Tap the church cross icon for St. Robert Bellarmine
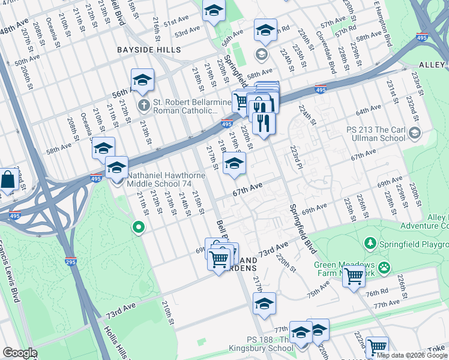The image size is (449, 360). point(143,106)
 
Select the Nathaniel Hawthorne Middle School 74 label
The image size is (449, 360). point(166,181)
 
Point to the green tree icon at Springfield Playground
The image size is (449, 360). point(371,244)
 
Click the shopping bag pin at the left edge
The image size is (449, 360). point(8,179)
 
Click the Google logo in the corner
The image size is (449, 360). point(19,353)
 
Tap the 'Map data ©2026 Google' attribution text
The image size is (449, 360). point(412,355)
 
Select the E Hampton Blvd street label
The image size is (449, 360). point(382,23)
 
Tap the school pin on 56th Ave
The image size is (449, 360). point(142,80)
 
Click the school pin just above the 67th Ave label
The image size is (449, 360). point(234,163)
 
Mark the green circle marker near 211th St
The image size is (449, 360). point(139,227)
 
